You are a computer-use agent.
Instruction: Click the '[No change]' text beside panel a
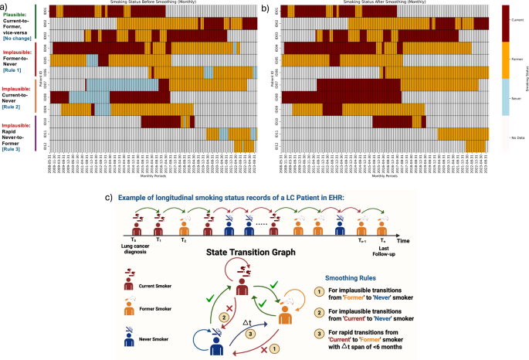pos(19,36)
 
